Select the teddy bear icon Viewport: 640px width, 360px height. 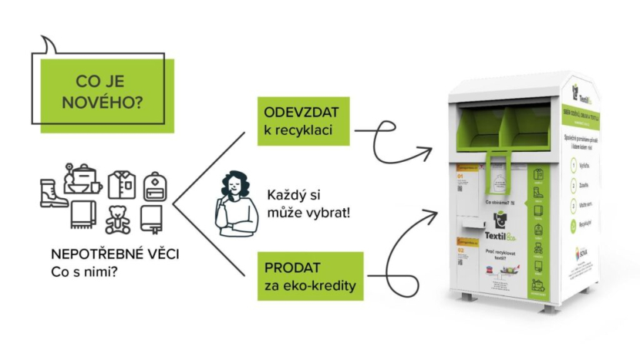[117, 219]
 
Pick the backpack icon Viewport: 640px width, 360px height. [155, 186]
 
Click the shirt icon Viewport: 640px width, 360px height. [121, 185]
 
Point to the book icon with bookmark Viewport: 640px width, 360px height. [152, 219]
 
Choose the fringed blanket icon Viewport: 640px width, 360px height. [83, 215]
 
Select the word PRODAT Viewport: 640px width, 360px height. [289, 271]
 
